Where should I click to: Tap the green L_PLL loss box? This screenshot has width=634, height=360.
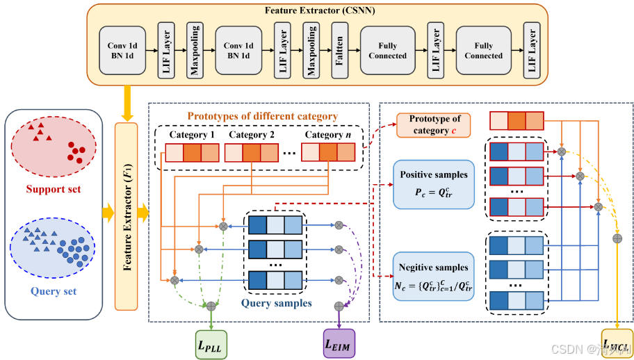tap(211, 342)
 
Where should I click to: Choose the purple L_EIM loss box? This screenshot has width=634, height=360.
tap(339, 343)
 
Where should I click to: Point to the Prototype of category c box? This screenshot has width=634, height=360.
tap(434, 126)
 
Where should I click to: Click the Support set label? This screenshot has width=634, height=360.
tap(53, 189)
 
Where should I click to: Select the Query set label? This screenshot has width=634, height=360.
tap(53, 291)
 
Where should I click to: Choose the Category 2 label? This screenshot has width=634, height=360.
tap(252, 134)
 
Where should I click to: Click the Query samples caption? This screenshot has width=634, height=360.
tap(276, 303)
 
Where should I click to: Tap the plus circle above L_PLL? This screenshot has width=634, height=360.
tap(211, 305)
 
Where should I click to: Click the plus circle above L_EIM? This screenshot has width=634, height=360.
tap(339, 305)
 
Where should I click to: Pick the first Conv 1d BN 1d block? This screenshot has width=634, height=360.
tap(122, 50)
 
